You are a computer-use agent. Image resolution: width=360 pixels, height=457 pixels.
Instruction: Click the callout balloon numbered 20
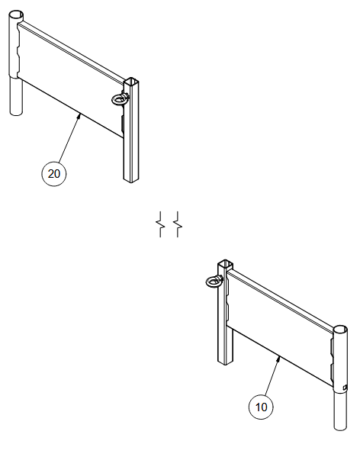[54, 174]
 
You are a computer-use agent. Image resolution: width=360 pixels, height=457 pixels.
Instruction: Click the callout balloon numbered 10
[261, 407]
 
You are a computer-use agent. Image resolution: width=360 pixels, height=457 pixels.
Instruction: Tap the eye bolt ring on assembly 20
[117, 99]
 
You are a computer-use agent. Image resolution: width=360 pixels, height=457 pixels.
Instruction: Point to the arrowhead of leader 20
[79, 116]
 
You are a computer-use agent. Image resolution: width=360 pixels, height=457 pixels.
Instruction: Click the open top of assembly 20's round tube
[16, 14]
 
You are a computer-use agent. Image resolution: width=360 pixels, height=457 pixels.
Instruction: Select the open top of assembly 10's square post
[226, 264]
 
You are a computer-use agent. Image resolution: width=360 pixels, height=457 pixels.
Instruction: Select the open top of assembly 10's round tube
[340, 330]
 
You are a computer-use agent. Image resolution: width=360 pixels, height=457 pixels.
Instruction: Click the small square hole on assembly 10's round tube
[345, 387]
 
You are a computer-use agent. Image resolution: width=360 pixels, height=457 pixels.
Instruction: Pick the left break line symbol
[160, 224]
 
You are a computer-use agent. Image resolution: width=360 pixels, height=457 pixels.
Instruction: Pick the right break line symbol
[178, 224]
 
